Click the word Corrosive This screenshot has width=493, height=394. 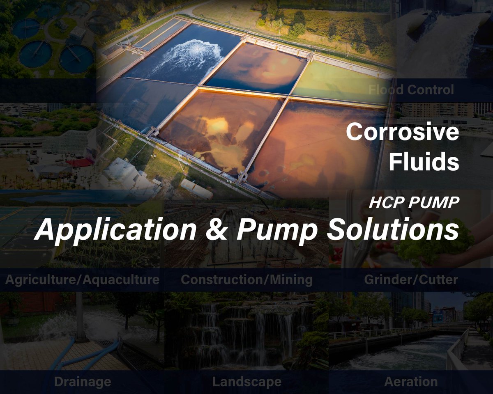coord(402,132)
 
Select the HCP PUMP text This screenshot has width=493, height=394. coord(415,203)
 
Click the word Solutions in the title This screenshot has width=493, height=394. coord(392,230)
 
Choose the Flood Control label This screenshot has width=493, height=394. coord(411,89)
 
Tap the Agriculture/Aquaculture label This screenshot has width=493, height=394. coord(82,280)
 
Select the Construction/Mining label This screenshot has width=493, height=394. coord(246,280)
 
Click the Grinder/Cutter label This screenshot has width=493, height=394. coord(411,280)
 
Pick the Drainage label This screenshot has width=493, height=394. coord(82,382)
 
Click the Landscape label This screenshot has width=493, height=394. coord(246,382)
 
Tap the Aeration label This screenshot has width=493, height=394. coord(411,382)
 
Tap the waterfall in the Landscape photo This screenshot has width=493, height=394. coord(246,328)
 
